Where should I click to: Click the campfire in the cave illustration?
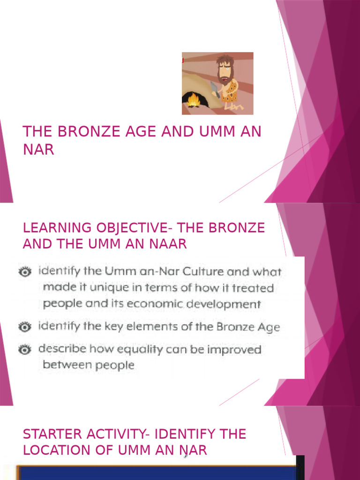pyautogui.click(x=193, y=100)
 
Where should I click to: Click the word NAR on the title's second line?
pyautogui.click(x=38, y=150)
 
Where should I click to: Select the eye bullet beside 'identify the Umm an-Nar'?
pyautogui.click(x=25, y=271)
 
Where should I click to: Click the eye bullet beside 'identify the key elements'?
pyautogui.click(x=25, y=327)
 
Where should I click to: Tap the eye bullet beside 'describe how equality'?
pyautogui.click(x=25, y=350)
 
